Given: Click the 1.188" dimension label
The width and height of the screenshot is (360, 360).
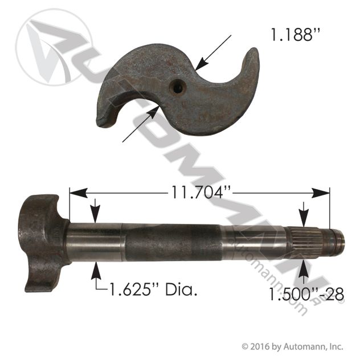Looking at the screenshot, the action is pos(295,35).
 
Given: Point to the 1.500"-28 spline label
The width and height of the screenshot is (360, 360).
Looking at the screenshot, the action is pos(306,294).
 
